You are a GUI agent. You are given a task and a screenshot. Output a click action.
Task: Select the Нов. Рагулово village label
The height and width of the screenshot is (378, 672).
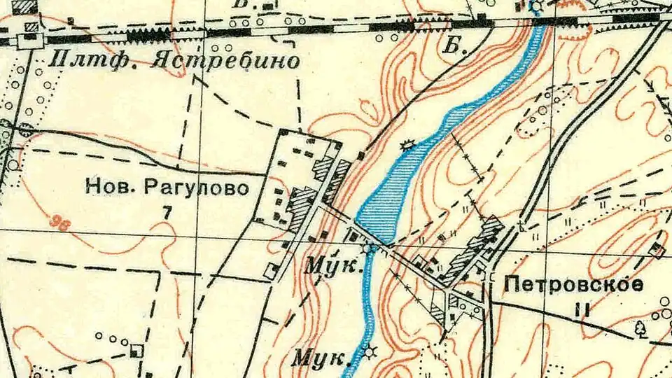tap(167, 188)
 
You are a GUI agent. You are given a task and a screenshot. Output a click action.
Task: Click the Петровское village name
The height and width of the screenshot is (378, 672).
tap(573, 285)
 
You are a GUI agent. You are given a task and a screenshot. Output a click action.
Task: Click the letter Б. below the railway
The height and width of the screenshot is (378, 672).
tap(456, 46)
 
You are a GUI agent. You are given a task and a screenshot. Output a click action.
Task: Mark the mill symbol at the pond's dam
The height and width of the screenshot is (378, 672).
tap(369, 247)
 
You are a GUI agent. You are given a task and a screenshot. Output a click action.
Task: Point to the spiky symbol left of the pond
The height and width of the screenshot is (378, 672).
tap(406, 145)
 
